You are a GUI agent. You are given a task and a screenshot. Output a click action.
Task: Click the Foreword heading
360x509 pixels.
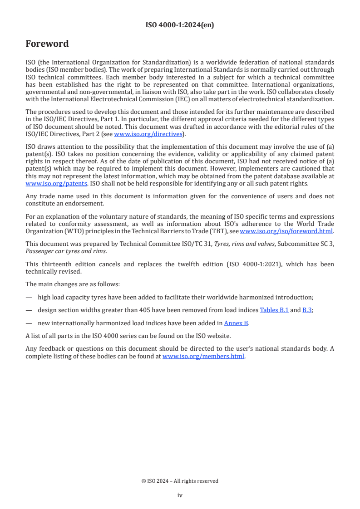click(47, 44)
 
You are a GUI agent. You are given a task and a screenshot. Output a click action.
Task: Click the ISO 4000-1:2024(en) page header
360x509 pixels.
click(180, 25)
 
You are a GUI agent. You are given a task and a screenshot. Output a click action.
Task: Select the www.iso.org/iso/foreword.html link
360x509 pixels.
click(286, 231)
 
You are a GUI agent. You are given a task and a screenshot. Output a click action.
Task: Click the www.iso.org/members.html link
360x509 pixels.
click(203, 356)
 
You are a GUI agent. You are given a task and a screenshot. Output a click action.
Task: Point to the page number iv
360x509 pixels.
click(180, 495)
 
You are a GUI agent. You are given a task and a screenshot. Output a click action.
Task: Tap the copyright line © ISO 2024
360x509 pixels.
click(180, 481)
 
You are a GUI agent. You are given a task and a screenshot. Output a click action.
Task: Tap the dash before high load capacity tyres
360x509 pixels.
click(29, 297)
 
